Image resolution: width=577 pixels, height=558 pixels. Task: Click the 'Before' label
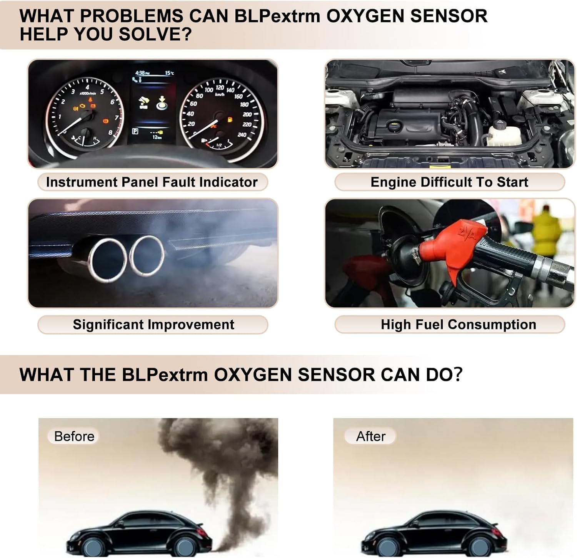click(x=74, y=436)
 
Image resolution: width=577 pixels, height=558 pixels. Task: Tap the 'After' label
click(x=370, y=436)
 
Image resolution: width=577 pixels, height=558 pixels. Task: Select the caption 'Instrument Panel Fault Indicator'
click(x=152, y=182)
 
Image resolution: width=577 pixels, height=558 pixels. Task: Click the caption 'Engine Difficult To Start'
click(x=449, y=182)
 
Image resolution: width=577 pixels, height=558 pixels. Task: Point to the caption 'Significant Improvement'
click(x=153, y=324)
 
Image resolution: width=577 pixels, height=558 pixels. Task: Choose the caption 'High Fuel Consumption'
click(x=458, y=324)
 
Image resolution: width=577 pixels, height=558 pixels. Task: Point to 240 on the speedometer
click(x=242, y=135)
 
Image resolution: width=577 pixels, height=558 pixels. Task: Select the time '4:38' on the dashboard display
click(x=140, y=73)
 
